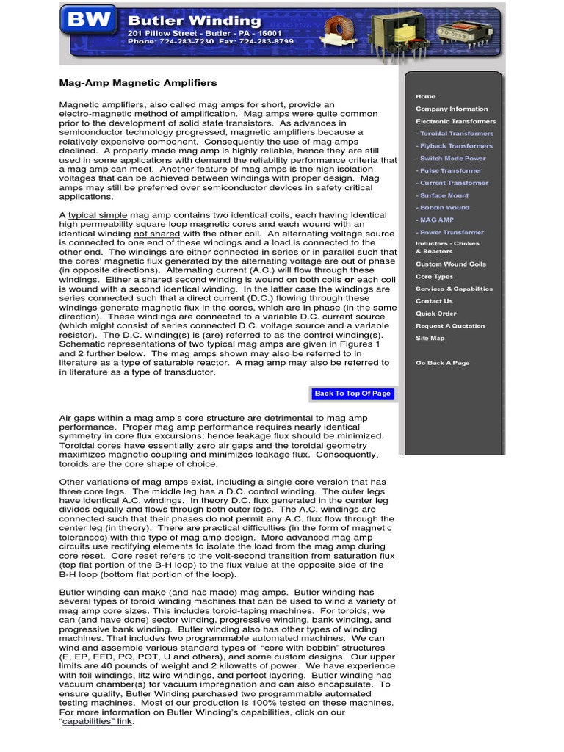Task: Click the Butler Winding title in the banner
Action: click(194, 21)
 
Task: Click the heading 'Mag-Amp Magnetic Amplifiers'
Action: click(138, 83)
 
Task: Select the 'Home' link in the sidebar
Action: click(425, 96)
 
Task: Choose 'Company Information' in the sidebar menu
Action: click(451, 109)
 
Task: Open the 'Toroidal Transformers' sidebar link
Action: click(455, 134)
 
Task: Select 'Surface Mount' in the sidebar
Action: click(444, 195)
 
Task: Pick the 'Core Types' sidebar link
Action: click(434, 277)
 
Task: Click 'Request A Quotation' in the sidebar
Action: click(450, 325)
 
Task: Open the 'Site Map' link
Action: click(430, 338)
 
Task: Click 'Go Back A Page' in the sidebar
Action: click(442, 363)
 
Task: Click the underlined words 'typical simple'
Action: click(97, 214)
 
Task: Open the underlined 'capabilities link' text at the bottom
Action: click(97, 721)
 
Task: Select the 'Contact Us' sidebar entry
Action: click(434, 301)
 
